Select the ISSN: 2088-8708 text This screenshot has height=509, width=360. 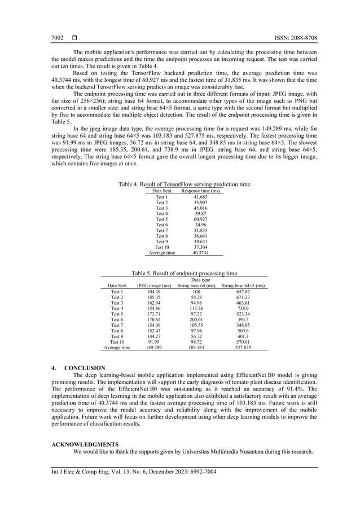click(x=295, y=38)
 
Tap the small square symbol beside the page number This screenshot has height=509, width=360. click(x=74, y=38)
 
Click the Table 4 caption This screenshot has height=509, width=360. click(x=184, y=185)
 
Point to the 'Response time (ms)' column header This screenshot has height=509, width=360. click(x=200, y=191)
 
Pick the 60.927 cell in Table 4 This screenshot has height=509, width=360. click(x=200, y=219)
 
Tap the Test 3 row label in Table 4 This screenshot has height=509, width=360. click(x=162, y=208)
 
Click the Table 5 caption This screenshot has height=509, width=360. click(x=184, y=273)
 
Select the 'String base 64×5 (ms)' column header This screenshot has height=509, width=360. click(x=244, y=286)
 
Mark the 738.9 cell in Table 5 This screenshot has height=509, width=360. click(x=244, y=309)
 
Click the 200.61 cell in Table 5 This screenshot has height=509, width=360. click(x=196, y=320)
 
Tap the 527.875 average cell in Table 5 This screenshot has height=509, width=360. click(x=244, y=348)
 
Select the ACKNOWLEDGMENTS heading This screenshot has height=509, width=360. click(x=85, y=444)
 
